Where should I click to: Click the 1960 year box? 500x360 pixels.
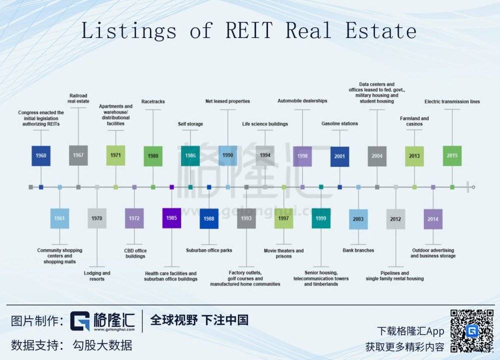pyautogui.click(x=41, y=155)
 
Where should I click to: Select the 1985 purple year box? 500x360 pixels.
pyautogui.click(x=171, y=218)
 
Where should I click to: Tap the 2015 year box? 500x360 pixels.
pyautogui.click(x=452, y=155)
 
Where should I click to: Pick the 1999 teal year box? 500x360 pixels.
pyautogui.click(x=321, y=218)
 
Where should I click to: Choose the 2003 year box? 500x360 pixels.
pyautogui.click(x=358, y=219)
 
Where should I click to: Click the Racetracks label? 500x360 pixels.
pyautogui.click(x=153, y=101)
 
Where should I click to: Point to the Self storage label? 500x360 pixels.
pyautogui.click(x=190, y=124)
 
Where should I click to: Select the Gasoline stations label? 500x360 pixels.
pyautogui.click(x=339, y=123)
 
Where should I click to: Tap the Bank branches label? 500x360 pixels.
pyautogui.click(x=358, y=250)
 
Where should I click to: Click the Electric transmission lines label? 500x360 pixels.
pyautogui.click(x=452, y=101)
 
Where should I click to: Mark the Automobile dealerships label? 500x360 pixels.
pyautogui.click(x=302, y=101)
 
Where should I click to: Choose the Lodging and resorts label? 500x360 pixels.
pyautogui.click(x=97, y=276)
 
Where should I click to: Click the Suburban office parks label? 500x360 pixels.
pyautogui.click(x=209, y=250)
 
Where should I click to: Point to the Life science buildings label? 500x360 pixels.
pyautogui.click(x=265, y=124)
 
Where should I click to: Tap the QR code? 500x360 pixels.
pyautogui.click(x=472, y=331)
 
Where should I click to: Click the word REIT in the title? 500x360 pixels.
pyautogui.click(x=249, y=30)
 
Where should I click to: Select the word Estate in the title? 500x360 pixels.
pyautogui.click(x=381, y=30)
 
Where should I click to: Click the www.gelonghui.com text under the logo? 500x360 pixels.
pyautogui.click(x=114, y=329)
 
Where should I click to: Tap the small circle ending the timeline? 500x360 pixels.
pyautogui.click(x=473, y=187)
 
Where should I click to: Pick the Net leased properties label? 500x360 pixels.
pyautogui.click(x=227, y=101)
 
